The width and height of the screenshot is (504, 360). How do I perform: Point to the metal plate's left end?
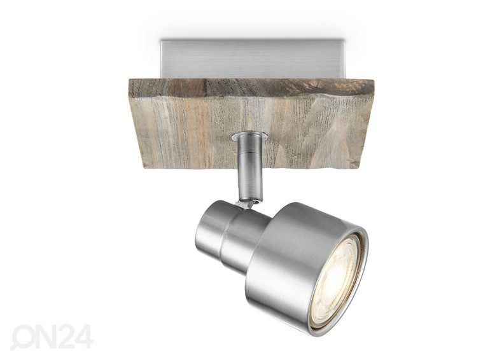pyautogui.click(x=161, y=59)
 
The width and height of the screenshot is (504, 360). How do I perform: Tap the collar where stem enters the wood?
pyautogui.click(x=249, y=137)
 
